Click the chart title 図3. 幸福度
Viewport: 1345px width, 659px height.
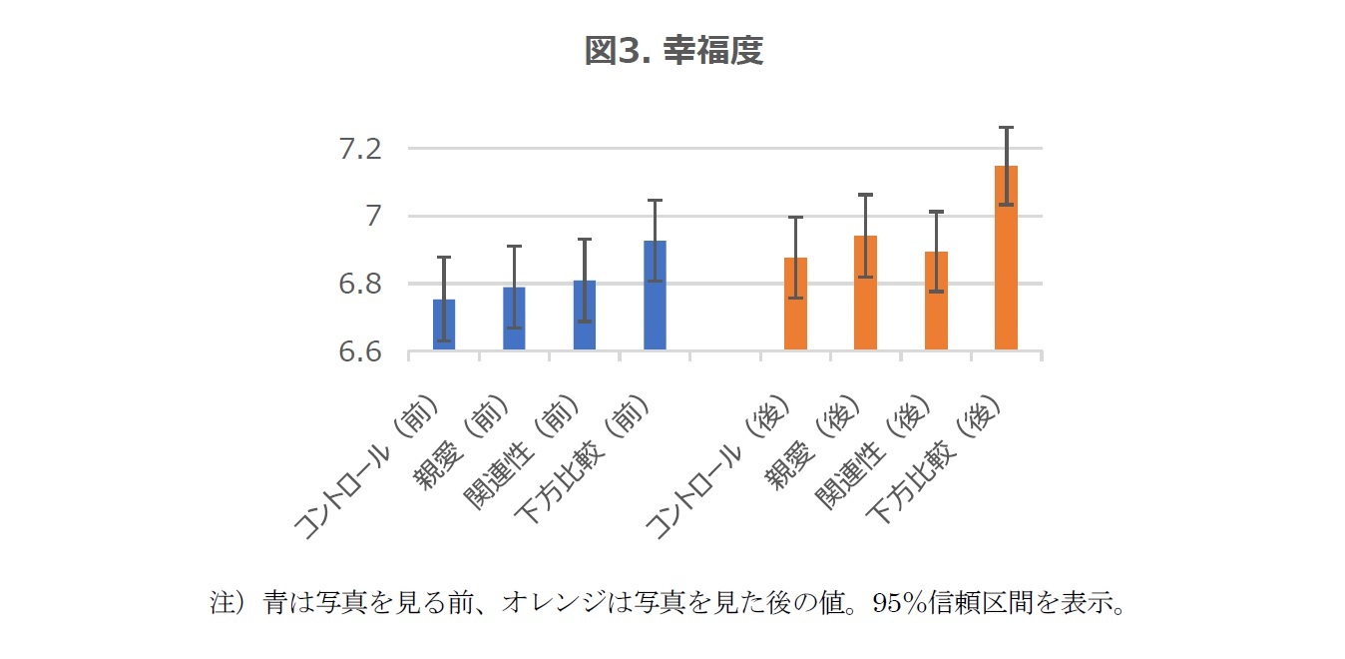tap(673, 51)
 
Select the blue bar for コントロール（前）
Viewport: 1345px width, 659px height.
tap(444, 326)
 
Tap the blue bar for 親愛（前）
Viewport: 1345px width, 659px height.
tap(514, 320)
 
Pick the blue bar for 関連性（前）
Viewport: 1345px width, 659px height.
tap(585, 317)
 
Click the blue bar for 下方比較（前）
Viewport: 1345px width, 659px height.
tap(655, 296)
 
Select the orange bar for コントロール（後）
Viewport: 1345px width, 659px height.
tap(795, 305)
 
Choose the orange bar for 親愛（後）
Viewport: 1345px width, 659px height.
tap(866, 294)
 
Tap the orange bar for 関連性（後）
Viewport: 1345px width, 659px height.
tap(936, 302)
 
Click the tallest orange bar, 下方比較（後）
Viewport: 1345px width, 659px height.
tap(1007, 258)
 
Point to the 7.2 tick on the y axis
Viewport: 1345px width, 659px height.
tap(360, 150)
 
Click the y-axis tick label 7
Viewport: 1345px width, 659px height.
tap(375, 217)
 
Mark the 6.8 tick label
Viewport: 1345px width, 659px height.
tap(360, 285)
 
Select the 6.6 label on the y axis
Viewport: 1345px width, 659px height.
tap(360, 352)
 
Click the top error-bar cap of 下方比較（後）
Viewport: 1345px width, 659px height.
tap(1007, 127)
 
